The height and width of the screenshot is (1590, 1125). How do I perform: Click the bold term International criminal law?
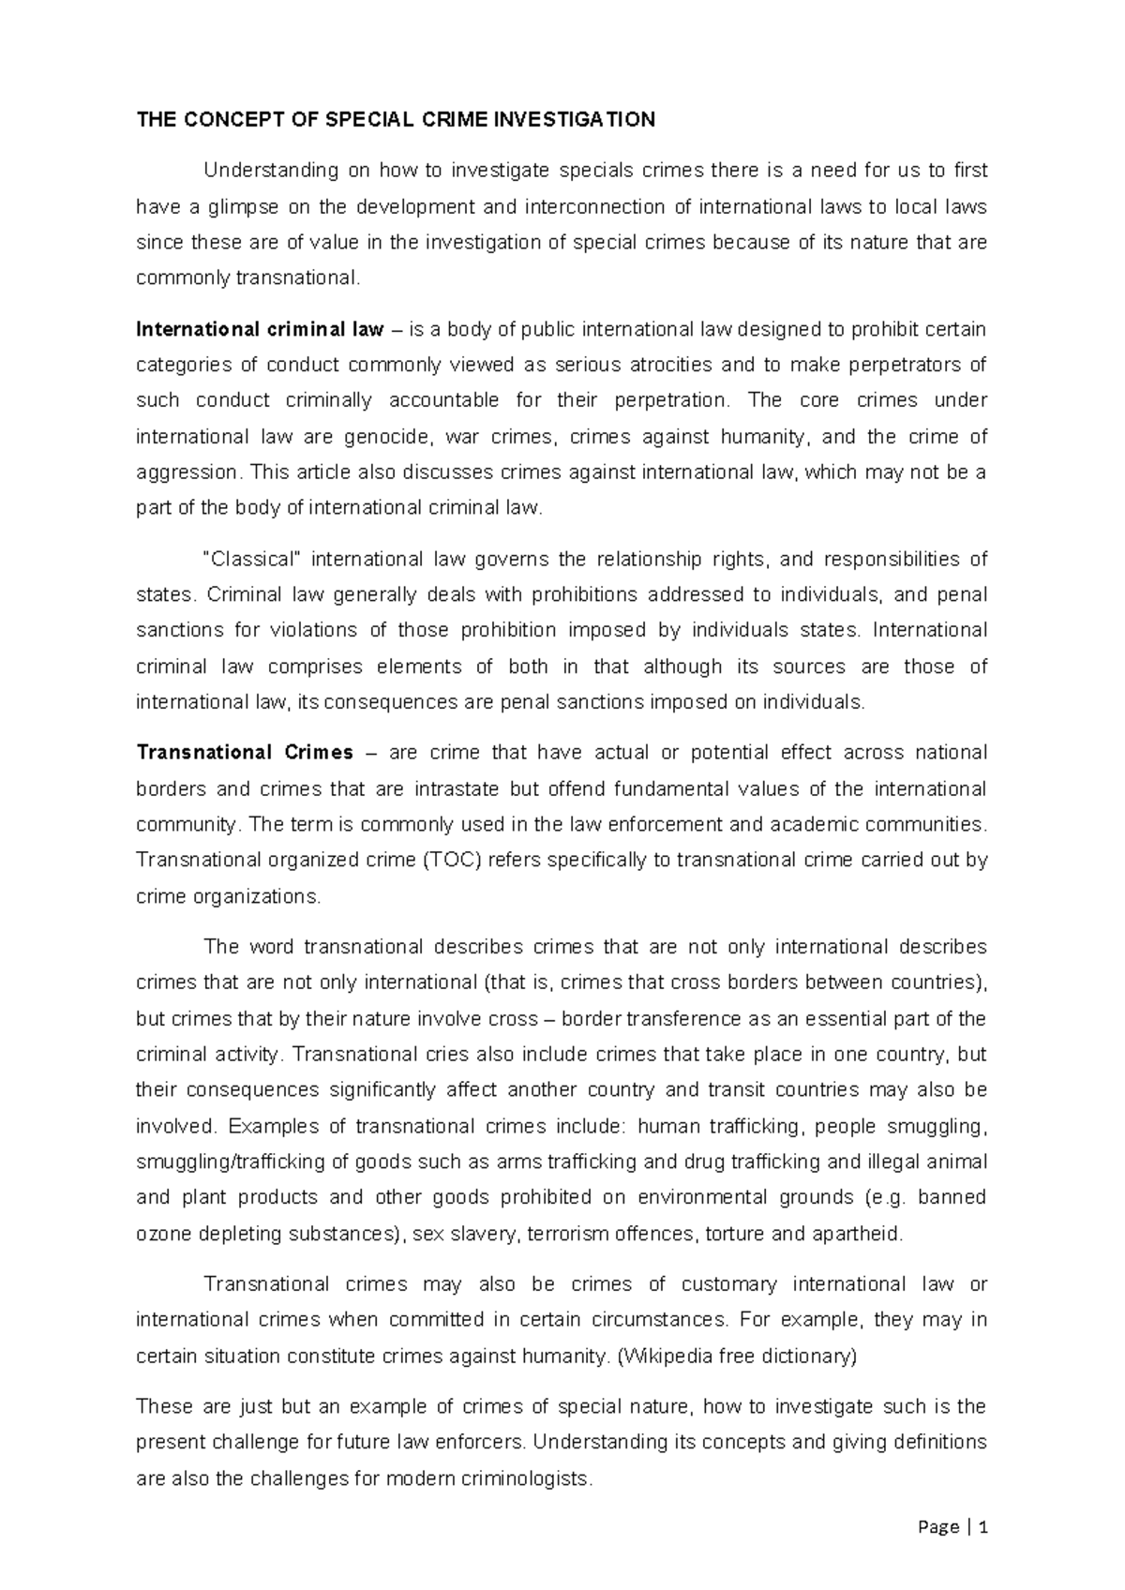[x=260, y=329]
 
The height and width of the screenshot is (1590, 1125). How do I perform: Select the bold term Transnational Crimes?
[x=245, y=753]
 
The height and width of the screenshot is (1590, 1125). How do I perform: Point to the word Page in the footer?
[x=938, y=1527]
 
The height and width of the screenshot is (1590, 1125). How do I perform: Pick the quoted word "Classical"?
[x=252, y=560]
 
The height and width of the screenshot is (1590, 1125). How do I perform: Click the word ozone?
[x=162, y=1234]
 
